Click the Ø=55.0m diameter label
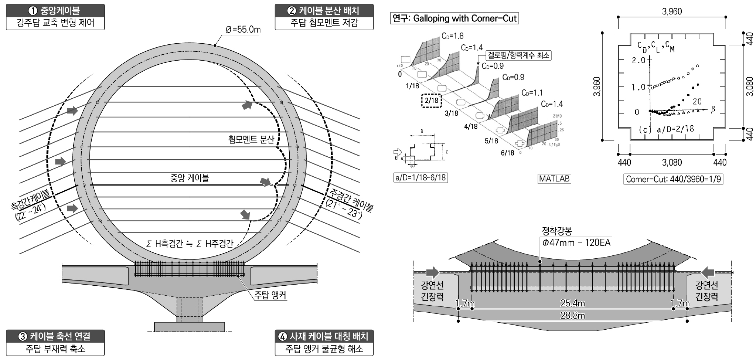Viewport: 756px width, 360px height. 243,30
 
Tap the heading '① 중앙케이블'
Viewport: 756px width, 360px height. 55,10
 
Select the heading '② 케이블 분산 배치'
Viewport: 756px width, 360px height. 324,10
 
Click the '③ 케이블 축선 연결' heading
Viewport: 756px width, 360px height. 55,336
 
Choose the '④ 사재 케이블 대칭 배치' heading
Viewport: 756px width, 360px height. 324,336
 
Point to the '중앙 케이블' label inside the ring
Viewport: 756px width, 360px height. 190,178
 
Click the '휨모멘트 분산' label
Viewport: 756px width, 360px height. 251,139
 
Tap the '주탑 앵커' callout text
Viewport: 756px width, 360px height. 270,295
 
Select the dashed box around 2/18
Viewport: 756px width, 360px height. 431,100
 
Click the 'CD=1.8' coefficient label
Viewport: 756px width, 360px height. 452,36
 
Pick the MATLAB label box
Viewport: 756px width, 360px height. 554,179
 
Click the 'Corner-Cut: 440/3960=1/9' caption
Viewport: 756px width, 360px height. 673,179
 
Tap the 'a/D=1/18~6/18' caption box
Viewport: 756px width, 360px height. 420,178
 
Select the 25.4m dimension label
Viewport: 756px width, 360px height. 572,303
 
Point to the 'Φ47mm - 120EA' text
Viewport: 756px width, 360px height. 576,242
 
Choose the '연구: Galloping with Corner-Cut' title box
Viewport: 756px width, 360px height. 454,18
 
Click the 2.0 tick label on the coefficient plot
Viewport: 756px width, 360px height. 638,60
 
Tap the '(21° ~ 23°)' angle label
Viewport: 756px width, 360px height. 344,209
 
